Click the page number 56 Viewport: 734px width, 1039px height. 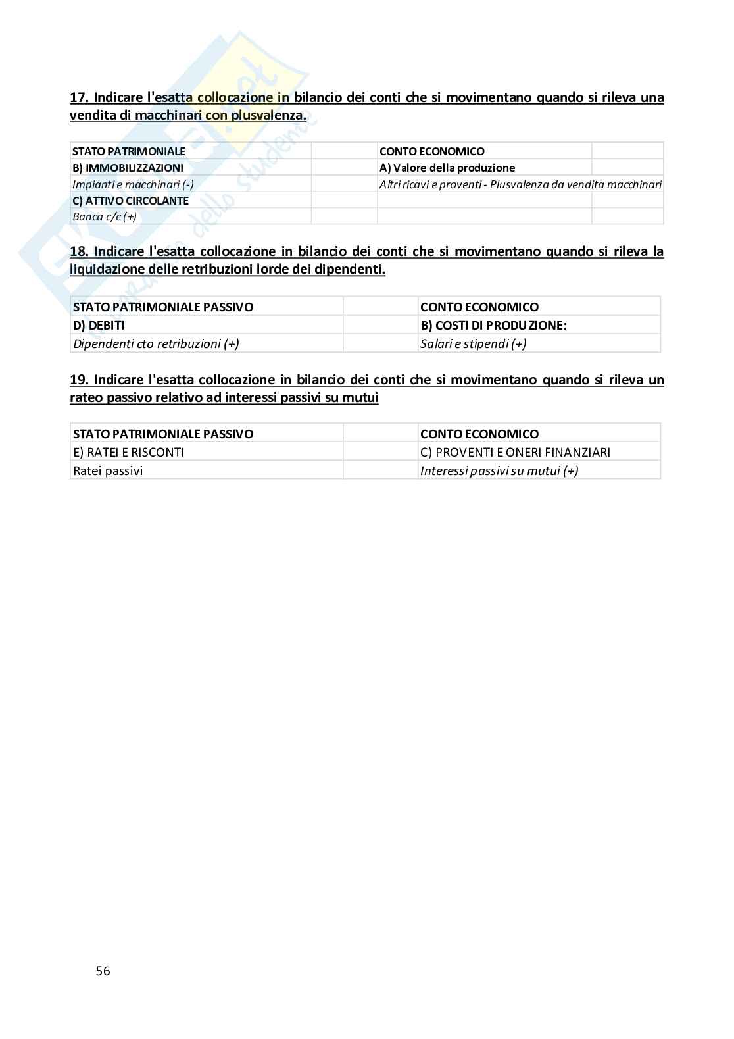(103, 971)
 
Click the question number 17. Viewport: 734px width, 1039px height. (79, 98)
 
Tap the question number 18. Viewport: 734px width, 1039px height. (79, 251)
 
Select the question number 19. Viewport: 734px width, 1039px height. (79, 380)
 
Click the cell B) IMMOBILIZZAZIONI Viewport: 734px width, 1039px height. (128, 168)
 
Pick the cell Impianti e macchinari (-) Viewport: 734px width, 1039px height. (133, 184)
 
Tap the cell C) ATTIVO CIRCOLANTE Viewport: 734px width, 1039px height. (130, 201)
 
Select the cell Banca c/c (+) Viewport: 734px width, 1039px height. (105, 216)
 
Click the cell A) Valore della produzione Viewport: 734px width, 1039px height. (447, 168)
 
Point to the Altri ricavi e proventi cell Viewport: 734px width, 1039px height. (520, 184)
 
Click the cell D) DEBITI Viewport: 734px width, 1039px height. (99, 325)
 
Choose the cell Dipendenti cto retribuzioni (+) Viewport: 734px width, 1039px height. (156, 343)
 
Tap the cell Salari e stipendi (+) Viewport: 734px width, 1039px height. (473, 343)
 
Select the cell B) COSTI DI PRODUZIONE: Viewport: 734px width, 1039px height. (493, 325)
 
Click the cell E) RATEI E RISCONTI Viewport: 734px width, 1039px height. (129, 452)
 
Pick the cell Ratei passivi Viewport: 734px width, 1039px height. (108, 470)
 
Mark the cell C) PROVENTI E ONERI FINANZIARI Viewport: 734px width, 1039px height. (515, 452)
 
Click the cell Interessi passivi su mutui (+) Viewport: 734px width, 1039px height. (499, 470)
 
